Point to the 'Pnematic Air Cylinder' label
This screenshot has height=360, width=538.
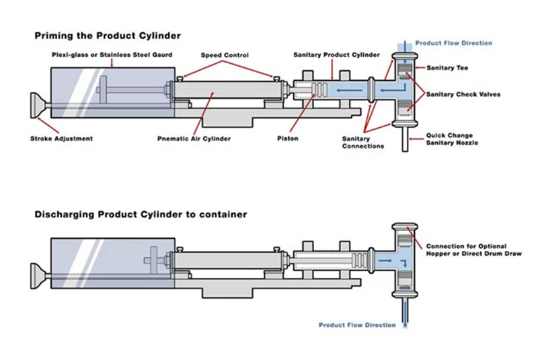pyautogui.click(x=194, y=139)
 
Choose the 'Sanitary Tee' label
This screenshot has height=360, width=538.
pyautogui.click(x=446, y=68)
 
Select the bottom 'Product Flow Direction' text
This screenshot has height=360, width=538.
pyautogui.click(x=357, y=325)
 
